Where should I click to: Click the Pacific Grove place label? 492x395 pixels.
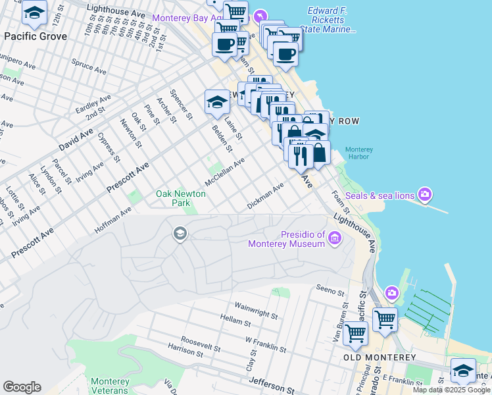click(x=36, y=36)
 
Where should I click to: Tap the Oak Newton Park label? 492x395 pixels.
click(x=180, y=198)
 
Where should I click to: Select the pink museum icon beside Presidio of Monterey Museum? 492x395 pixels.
click(x=335, y=238)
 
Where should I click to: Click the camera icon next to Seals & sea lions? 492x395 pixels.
click(x=425, y=195)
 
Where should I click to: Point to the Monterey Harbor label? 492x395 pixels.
click(x=358, y=153)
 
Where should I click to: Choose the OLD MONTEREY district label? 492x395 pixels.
click(x=380, y=357)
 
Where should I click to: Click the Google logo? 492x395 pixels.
click(x=22, y=387)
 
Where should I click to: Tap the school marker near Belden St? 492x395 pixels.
click(x=218, y=102)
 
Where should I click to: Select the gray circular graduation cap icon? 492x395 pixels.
click(x=179, y=234)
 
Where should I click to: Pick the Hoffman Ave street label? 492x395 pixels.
click(x=112, y=218)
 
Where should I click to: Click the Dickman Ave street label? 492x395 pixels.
click(x=265, y=196)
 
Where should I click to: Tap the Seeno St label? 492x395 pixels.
click(x=330, y=290)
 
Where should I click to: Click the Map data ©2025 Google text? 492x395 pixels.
click(x=451, y=390)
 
